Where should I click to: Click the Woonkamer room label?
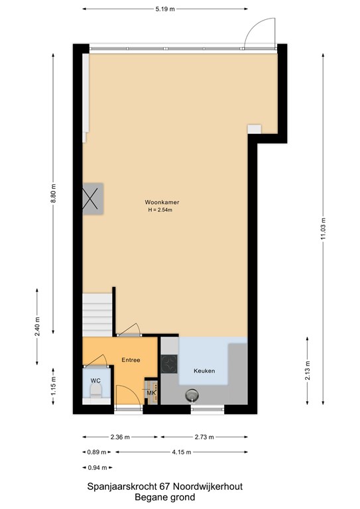162,202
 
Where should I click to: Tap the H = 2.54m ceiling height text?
160,209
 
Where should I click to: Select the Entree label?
131,360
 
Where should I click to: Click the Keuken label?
204,370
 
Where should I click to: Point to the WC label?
95,381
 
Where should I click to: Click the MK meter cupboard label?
152,394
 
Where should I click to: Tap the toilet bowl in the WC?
96,392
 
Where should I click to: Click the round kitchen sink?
192,395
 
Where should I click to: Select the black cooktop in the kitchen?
169,364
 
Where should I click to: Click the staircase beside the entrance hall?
97,315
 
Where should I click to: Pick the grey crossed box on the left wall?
93,199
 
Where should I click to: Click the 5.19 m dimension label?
165,9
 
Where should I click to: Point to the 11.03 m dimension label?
323,229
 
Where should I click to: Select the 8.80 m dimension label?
53,193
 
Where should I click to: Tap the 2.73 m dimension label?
204,437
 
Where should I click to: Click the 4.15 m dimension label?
182,452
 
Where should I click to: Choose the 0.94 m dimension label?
97,468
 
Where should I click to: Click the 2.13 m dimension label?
308,370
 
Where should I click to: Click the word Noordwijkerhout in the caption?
208,487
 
